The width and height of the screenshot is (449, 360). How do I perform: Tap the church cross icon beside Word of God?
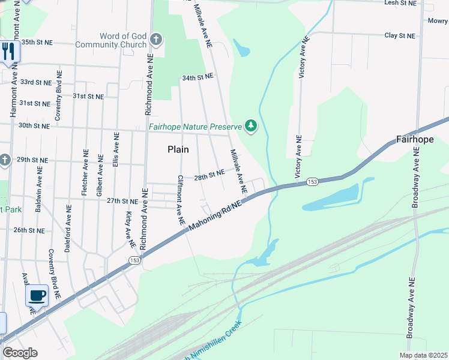point(155,40)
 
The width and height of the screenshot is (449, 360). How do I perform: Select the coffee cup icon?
point(37,296)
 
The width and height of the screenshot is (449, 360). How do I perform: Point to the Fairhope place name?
point(415,140)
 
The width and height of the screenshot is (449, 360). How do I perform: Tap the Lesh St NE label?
point(400,4)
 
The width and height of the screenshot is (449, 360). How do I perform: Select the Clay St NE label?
point(400,36)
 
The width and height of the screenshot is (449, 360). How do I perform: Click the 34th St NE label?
point(197,77)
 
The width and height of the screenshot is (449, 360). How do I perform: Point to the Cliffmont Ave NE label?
point(180,200)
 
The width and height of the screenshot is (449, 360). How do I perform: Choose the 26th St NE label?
point(29,230)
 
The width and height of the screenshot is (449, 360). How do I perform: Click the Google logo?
point(20,353)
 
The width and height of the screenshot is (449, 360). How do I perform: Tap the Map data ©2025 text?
point(423,355)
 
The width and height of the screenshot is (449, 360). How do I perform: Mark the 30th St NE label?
point(34,126)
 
